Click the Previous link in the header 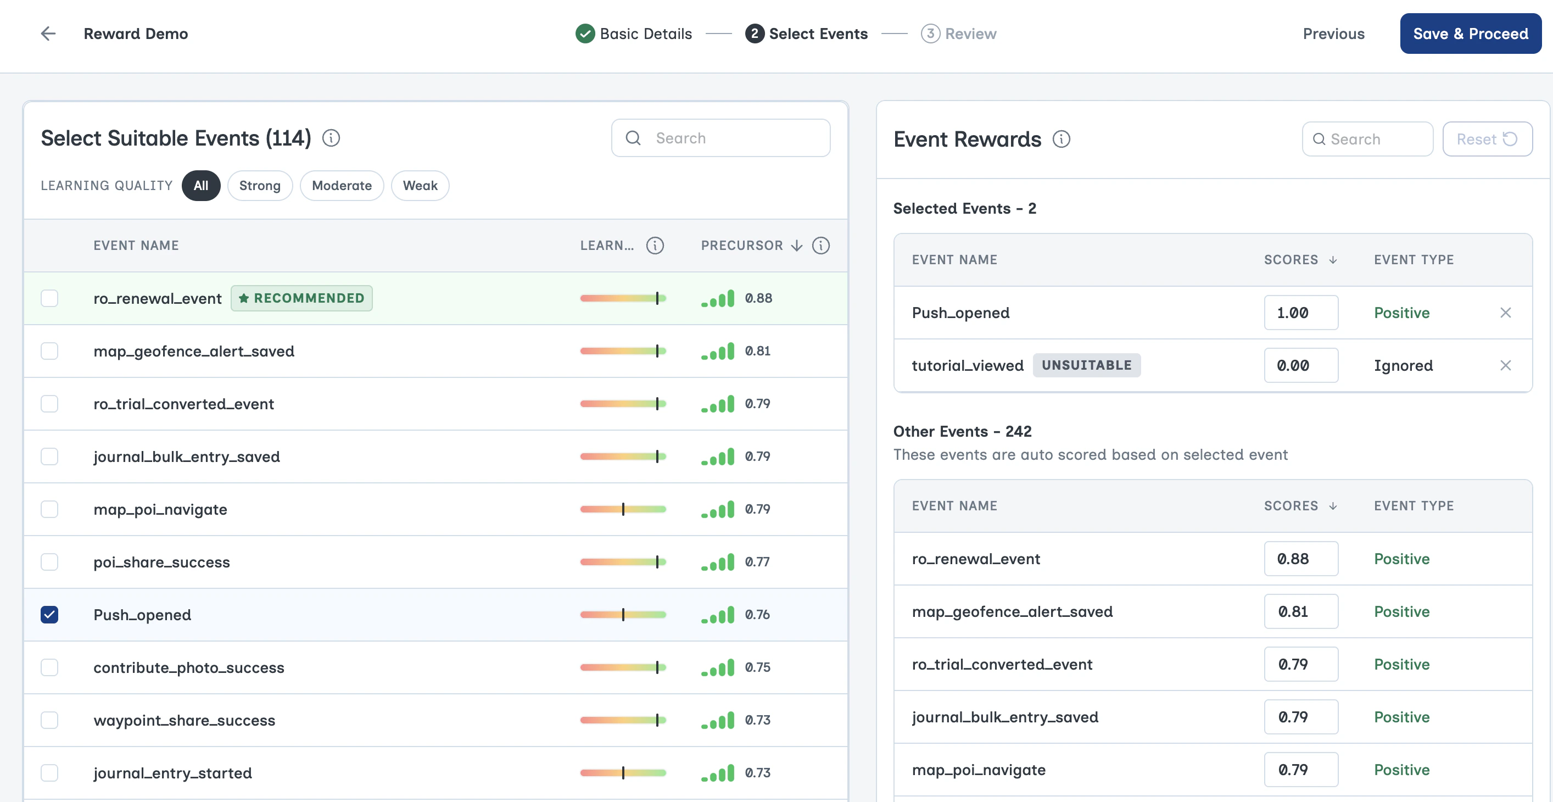coord(1333,34)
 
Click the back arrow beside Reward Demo coord(48,34)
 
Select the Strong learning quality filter coord(259,186)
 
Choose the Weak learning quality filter coord(420,186)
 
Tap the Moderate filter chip coord(341,186)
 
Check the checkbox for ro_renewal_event coord(49,298)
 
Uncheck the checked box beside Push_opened coord(49,615)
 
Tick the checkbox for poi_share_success coord(49,562)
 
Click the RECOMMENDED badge coord(301,298)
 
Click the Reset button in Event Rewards coord(1486,140)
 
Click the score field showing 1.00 coord(1300,313)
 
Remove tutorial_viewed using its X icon coord(1505,365)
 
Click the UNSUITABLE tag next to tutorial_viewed coord(1086,365)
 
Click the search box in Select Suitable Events coord(720,138)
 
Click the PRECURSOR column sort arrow coord(796,246)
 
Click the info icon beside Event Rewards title coord(1061,140)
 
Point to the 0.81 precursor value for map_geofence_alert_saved coord(757,351)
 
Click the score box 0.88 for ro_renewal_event coord(1300,559)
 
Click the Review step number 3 coord(930,34)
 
